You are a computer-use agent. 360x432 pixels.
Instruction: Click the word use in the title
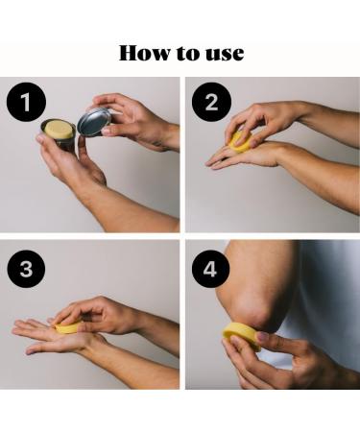pyautogui.click(x=227, y=53)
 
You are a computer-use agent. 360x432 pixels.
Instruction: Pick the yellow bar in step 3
pyautogui.click(x=67, y=327)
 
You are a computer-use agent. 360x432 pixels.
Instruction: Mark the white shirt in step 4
pyautogui.click(x=326, y=288)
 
